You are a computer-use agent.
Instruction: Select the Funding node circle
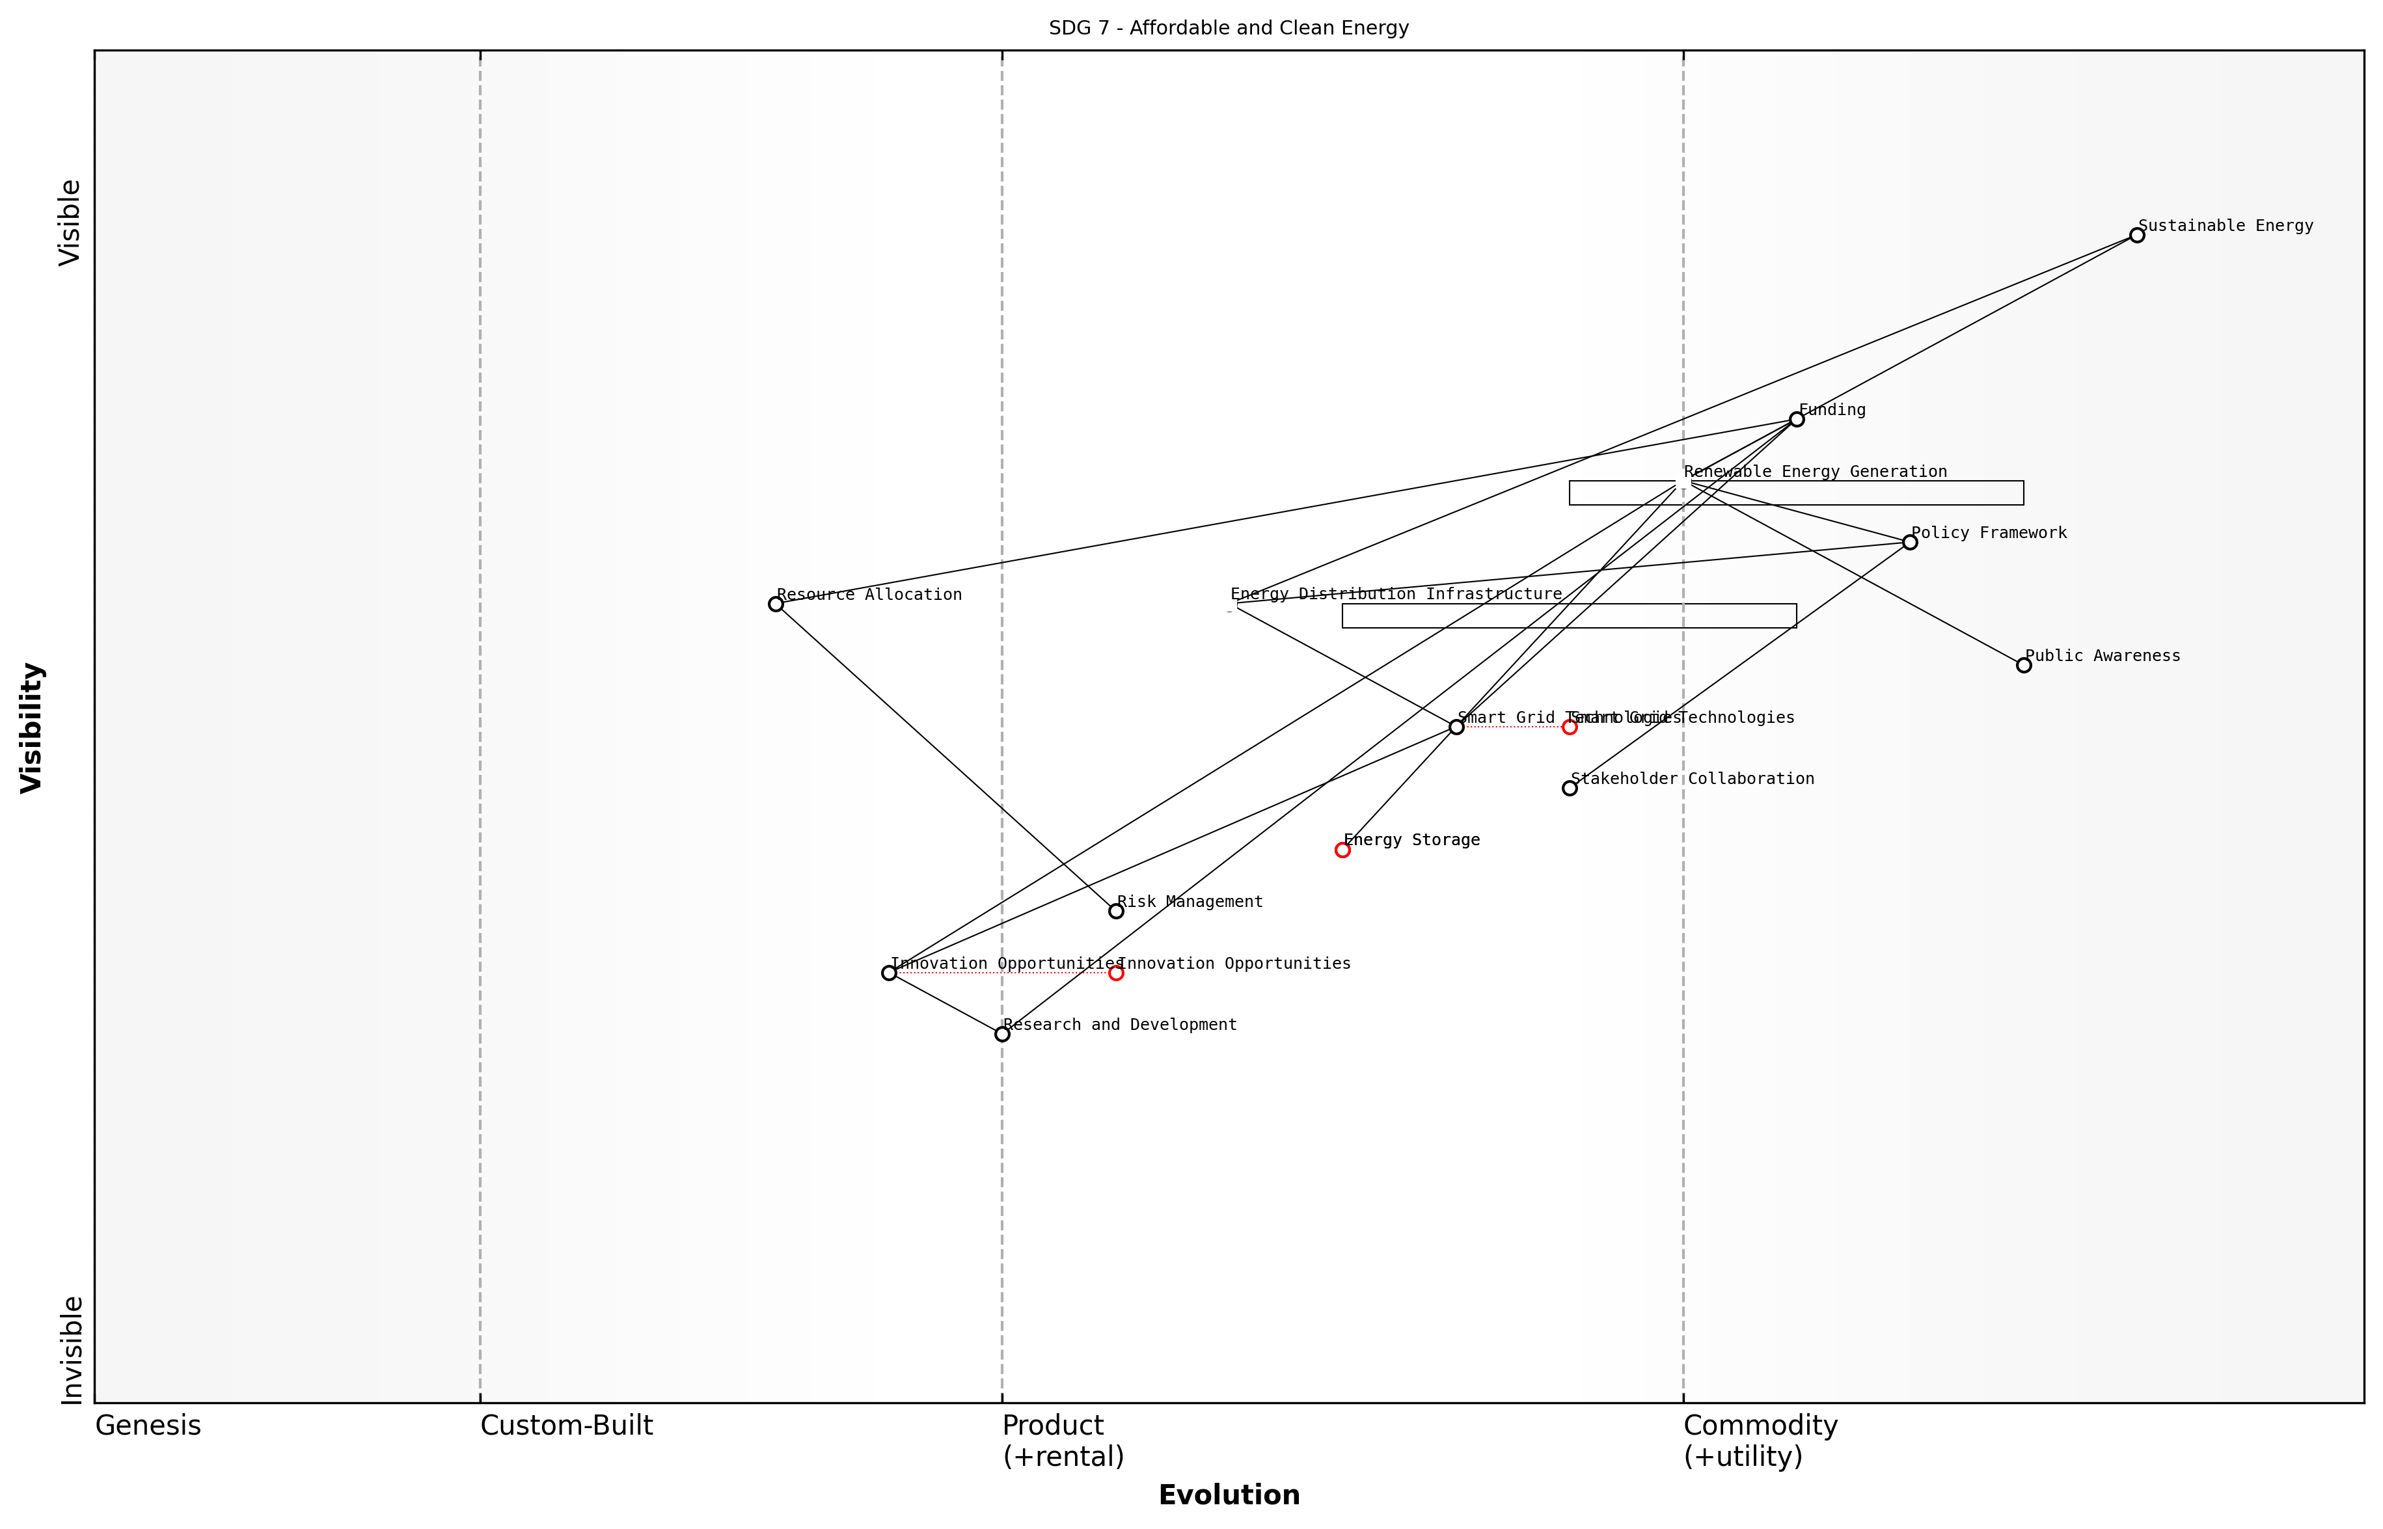click(1796, 419)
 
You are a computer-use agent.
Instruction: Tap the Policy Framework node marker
click(1909, 542)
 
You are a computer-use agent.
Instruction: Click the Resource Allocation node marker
click(776, 604)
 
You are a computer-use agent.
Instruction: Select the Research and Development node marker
click(1002, 1034)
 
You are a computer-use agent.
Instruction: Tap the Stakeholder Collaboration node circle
click(1569, 789)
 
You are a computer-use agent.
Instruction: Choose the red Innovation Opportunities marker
click(1116, 973)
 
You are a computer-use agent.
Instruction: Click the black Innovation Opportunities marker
click(889, 973)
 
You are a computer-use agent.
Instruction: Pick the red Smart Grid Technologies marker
click(1569, 727)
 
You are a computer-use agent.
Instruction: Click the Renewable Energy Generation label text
click(1815, 472)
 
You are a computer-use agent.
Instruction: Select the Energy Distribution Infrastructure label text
click(1395, 594)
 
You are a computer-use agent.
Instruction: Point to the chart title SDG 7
click(1228, 28)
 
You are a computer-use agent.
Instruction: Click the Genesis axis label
click(148, 1426)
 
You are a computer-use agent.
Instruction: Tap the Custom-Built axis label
click(566, 1426)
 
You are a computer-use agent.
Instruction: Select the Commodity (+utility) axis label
click(1760, 1441)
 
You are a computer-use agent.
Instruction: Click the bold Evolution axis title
click(1228, 1495)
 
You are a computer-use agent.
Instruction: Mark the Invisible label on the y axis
click(72, 1349)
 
